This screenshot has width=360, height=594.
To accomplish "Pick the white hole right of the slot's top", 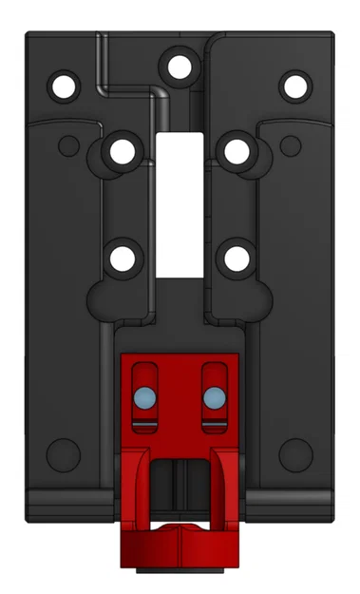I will pos(235,151).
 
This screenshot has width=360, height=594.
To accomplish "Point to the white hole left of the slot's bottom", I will pos(122,257).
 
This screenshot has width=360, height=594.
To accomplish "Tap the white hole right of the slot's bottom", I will pos(235,257).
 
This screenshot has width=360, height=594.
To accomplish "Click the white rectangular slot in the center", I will pos(179,203).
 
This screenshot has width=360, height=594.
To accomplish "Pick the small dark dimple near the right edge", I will pos(292,145).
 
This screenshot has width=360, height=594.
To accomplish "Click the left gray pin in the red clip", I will pos(144,395).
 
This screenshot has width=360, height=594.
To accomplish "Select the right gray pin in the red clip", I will pos(215,395).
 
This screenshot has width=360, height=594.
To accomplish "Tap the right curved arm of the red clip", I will pos(222,485).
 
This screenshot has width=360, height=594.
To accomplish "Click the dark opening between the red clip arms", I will pos(179,485).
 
